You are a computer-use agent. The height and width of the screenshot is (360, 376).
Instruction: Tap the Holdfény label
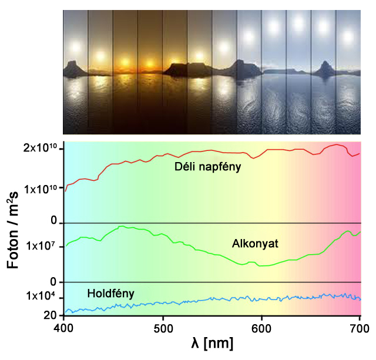pyautogui.click(x=111, y=293)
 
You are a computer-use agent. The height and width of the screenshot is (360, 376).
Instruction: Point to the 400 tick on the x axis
pyautogui.click(x=63, y=327)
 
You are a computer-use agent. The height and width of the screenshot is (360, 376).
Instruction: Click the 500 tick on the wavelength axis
pyautogui.click(x=163, y=327)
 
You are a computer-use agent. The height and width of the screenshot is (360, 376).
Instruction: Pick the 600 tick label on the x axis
pyautogui.click(x=261, y=327)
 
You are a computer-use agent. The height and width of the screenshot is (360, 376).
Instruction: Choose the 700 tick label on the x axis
pyautogui.click(x=360, y=327)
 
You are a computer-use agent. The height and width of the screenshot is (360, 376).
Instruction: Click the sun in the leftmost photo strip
pyautogui.click(x=75, y=45)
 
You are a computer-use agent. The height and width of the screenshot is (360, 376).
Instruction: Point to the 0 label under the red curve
pyautogui.click(x=54, y=221)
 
